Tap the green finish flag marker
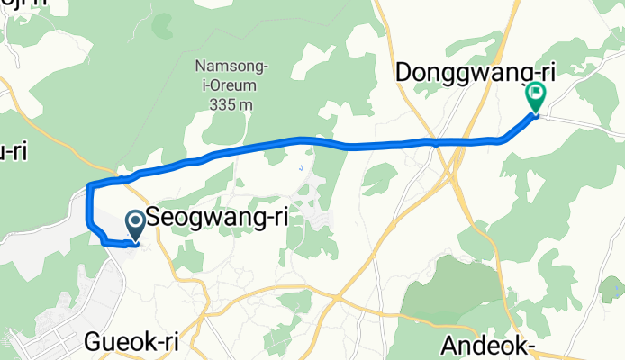pos(536,96)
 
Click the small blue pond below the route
pos(301,167)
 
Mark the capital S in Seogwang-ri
pos(154,218)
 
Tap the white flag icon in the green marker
pos(537,92)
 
